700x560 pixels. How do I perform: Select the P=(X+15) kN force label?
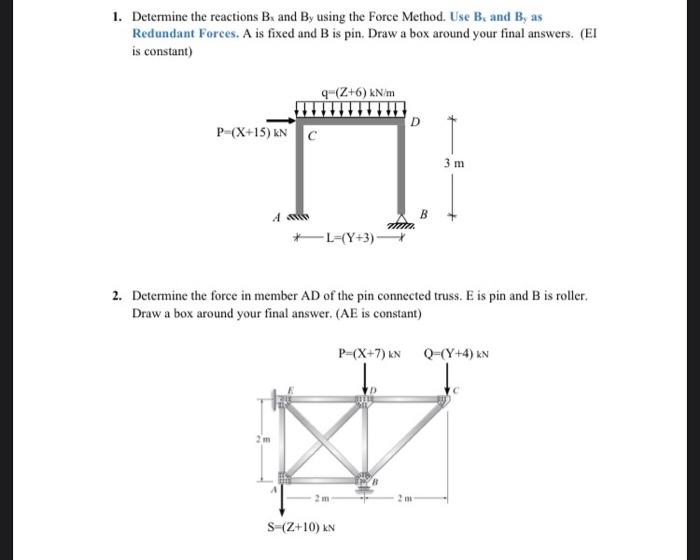[x=252, y=132]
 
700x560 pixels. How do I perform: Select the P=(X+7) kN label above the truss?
[x=369, y=353]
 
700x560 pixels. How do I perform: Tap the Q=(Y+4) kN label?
[x=456, y=353]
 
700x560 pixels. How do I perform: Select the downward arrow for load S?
[x=281, y=500]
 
